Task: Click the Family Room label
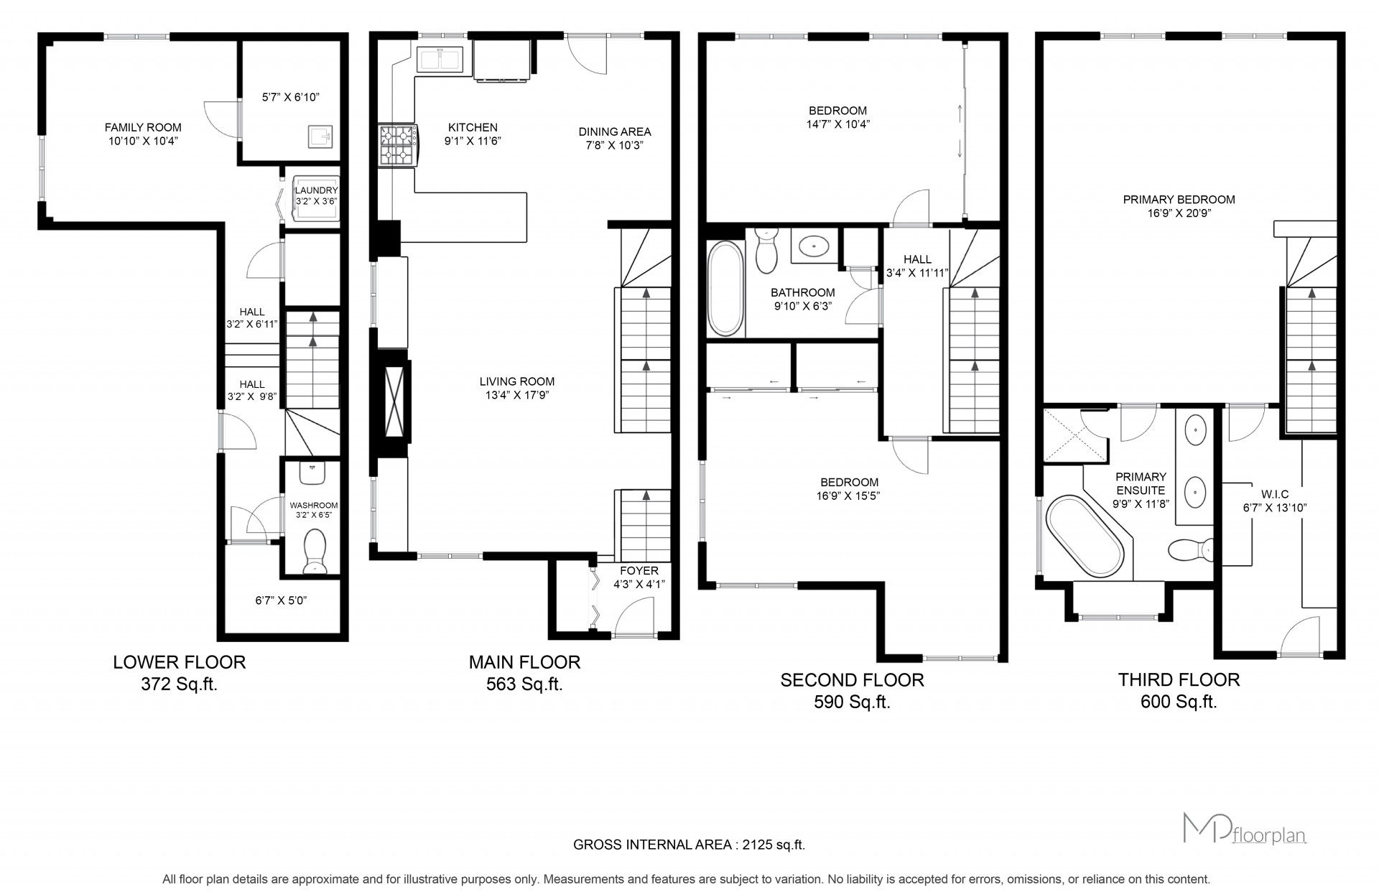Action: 143,128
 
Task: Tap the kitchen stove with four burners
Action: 398,145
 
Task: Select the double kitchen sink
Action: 440,59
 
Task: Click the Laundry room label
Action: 316,190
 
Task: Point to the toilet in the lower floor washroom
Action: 315,552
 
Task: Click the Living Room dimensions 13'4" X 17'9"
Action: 517,394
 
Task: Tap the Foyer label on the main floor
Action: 639,571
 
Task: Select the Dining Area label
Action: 615,131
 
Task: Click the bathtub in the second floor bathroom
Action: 725,289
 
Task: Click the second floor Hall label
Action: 918,259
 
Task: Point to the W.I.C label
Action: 1275,494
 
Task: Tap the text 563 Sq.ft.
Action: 524,684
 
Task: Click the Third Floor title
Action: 1179,679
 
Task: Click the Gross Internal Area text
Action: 689,845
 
